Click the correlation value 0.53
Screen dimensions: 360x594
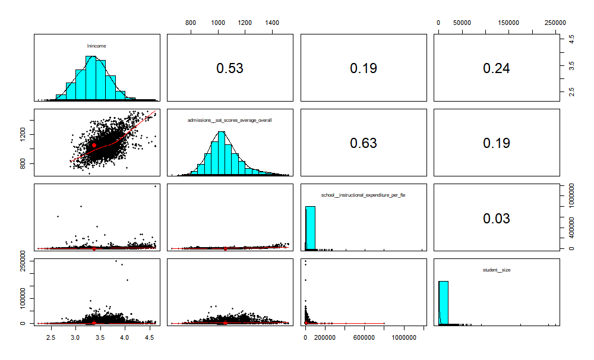[x=229, y=68]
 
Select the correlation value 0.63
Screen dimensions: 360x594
[x=363, y=143]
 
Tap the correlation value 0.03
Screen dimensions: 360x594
[x=496, y=219]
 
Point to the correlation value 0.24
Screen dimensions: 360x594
[x=496, y=68]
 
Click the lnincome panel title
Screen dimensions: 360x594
[x=96, y=45]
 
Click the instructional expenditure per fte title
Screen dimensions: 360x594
[x=363, y=195]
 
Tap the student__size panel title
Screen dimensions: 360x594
[x=497, y=270]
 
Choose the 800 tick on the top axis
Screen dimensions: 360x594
[x=191, y=22]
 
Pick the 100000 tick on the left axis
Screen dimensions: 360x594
[x=23, y=298]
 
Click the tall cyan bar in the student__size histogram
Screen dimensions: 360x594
[x=444, y=302]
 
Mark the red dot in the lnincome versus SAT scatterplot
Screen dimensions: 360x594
[x=94, y=145]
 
